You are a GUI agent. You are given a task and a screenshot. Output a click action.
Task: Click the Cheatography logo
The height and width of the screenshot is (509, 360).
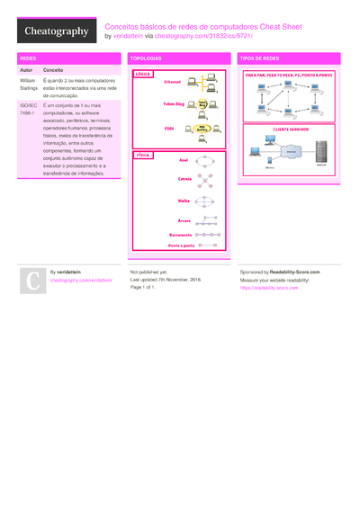pos(56,31)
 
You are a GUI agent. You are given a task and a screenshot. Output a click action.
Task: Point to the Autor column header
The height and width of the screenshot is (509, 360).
pos(26,69)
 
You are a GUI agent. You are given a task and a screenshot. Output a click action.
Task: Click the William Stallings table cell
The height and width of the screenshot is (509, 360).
pos(28,85)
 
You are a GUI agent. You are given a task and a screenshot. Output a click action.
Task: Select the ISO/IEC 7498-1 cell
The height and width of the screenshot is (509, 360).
pos(28,110)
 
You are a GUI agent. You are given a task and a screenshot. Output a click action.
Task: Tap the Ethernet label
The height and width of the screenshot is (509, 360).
pos(172,82)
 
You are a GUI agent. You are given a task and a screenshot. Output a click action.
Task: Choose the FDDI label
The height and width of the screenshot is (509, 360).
pos(168,128)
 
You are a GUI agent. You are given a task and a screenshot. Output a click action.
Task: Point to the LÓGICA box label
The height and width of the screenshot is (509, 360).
pos(142,73)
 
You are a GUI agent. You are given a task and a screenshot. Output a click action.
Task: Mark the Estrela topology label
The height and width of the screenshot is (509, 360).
pos(184,179)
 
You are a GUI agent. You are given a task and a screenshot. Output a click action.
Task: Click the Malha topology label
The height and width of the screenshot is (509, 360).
pos(184,201)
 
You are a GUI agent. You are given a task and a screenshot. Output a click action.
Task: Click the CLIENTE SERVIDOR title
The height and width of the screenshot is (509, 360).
pos(289,129)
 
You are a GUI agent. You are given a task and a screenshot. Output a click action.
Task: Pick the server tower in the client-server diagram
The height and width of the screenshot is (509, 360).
pos(321,154)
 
